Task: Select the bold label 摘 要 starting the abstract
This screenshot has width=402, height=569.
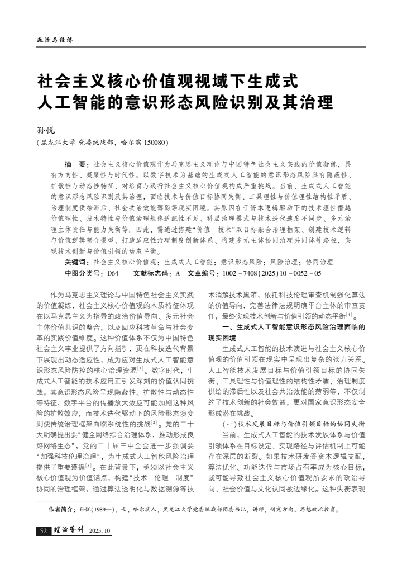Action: click(75, 164)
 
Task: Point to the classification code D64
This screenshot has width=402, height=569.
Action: click(113, 273)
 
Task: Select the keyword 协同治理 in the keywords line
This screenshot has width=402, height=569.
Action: click(319, 262)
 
